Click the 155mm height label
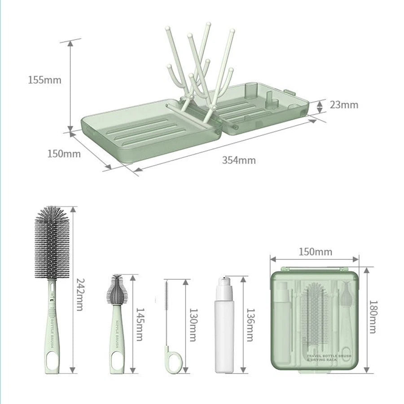pos(44,80)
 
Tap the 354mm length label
pos(239,160)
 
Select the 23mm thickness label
pos(344,105)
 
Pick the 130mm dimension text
pos(193,324)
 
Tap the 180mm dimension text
pos(372,317)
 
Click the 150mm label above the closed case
pos(315,252)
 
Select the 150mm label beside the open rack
pos(64,154)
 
